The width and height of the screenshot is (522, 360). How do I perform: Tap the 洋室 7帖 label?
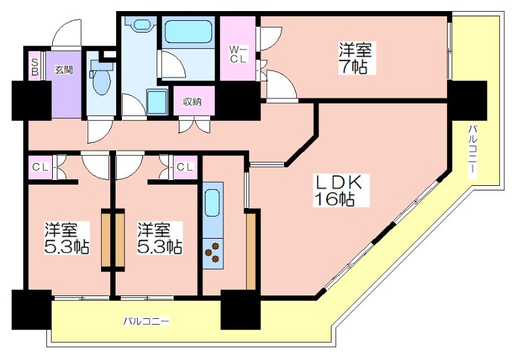click(x=355, y=59)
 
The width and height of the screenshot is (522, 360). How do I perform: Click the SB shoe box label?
click(x=35, y=67)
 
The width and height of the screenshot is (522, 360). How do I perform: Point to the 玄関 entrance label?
click(x=64, y=70)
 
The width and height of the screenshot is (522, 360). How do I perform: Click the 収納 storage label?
click(x=192, y=102)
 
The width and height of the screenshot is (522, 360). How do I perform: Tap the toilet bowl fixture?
click(x=101, y=80)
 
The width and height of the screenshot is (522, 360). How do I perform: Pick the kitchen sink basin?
click(x=213, y=203)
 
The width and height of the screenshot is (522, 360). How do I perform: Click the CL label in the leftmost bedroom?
click(x=40, y=167)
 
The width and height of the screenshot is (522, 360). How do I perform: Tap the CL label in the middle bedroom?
click(x=185, y=167)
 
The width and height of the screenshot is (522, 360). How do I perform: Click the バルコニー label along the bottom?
click(x=146, y=322)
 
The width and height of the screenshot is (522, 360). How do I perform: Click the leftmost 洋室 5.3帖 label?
click(x=67, y=238)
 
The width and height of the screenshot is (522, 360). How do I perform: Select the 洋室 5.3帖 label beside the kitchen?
click(x=160, y=238)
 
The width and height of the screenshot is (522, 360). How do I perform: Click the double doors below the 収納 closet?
click(x=194, y=126)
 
